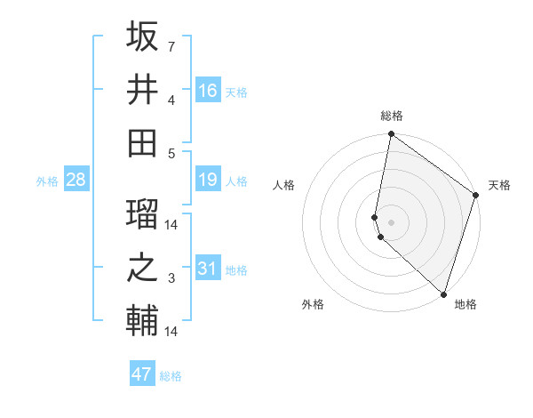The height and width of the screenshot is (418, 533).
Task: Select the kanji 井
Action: coord(142,89)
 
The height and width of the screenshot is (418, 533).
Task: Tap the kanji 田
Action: coord(142,141)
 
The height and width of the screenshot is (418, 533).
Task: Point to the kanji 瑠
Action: coord(142,214)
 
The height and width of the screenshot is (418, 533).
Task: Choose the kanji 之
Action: coord(142,269)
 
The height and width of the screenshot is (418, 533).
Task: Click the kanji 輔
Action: coord(142,320)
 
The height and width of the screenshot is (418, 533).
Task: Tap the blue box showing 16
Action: coord(208,90)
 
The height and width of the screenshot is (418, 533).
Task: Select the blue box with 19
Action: coord(208,181)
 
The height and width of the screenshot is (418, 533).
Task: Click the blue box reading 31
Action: coord(208,268)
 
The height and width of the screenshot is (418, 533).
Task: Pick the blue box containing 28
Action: coord(76,181)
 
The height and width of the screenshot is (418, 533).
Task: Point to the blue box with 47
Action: coord(142,374)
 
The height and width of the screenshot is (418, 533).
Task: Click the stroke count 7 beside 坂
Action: coord(171,46)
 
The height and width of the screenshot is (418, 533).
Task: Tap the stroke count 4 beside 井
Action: coord(171,100)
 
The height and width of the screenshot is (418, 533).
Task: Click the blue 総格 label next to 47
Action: coord(171,376)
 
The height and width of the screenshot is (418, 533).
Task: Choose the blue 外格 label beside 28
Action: coord(47,181)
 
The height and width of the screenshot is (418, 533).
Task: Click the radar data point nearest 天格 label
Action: coord(476,196)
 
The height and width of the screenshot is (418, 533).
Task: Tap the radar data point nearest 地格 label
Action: coord(443,293)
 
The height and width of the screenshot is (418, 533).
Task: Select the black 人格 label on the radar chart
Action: coord(284,185)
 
